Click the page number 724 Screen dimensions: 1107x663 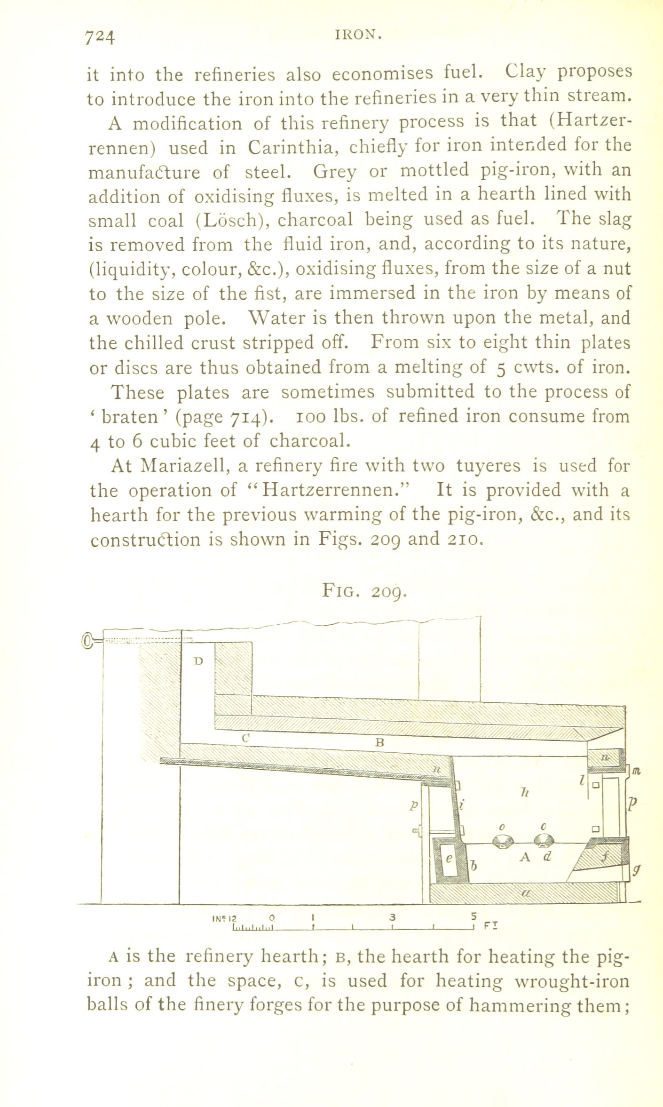100,37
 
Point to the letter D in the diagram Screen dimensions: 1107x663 198,661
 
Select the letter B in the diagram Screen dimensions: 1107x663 380,742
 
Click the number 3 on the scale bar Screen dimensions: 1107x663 393,916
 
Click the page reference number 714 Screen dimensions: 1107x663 245,417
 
